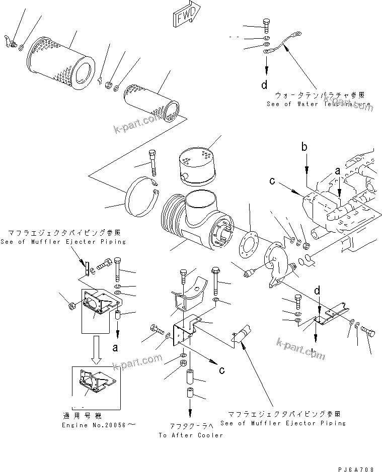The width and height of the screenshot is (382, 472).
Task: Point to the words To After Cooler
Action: (x=190, y=435)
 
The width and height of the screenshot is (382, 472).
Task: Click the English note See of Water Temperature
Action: (x=320, y=104)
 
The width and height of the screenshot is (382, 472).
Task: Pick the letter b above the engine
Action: (x=303, y=147)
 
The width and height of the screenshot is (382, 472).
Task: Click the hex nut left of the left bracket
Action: (x=71, y=303)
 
